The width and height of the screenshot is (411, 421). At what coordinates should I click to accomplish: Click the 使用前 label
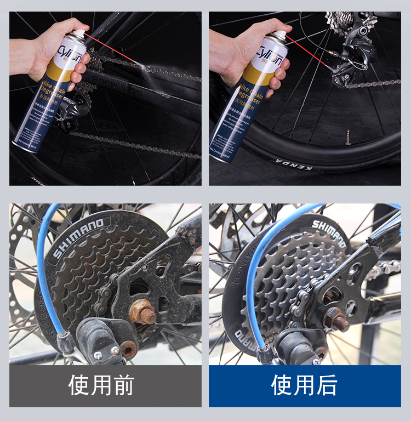pyautogui.click(x=101, y=386)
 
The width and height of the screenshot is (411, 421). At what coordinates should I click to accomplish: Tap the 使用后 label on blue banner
pyautogui.click(x=304, y=386)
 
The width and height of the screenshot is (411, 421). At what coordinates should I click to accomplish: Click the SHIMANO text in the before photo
pyautogui.click(x=78, y=238)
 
